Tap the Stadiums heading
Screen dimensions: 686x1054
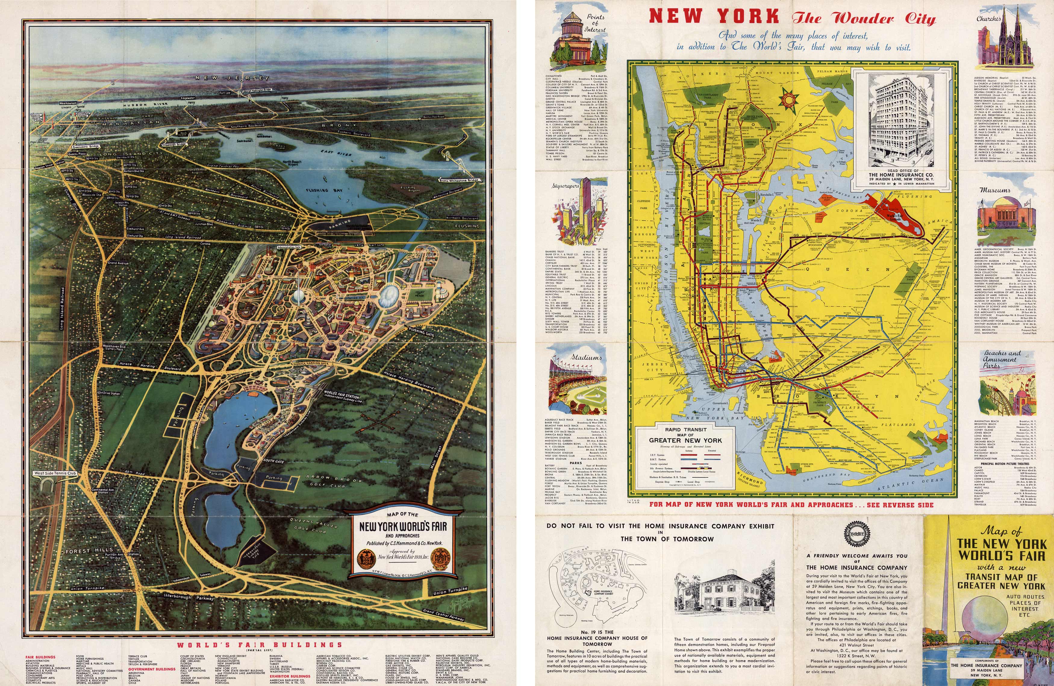coord(586,357)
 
